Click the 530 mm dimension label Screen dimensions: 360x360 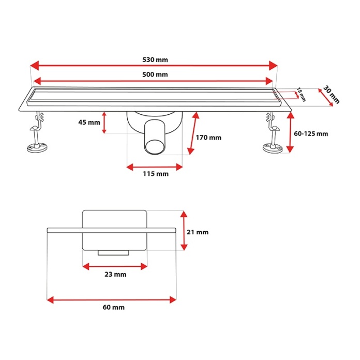pos(155,59)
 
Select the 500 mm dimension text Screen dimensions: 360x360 pos(155,74)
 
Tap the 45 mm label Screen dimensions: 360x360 pos(89,122)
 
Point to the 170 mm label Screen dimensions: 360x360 pos(208,138)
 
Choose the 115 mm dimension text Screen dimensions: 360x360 pos(156,174)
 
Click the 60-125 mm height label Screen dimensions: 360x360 pos(311,133)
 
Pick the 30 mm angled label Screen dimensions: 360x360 pos(331,95)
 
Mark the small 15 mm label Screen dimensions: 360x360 pos(301,94)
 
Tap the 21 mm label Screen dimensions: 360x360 pos(198,232)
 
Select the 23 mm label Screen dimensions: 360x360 pos(115,274)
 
